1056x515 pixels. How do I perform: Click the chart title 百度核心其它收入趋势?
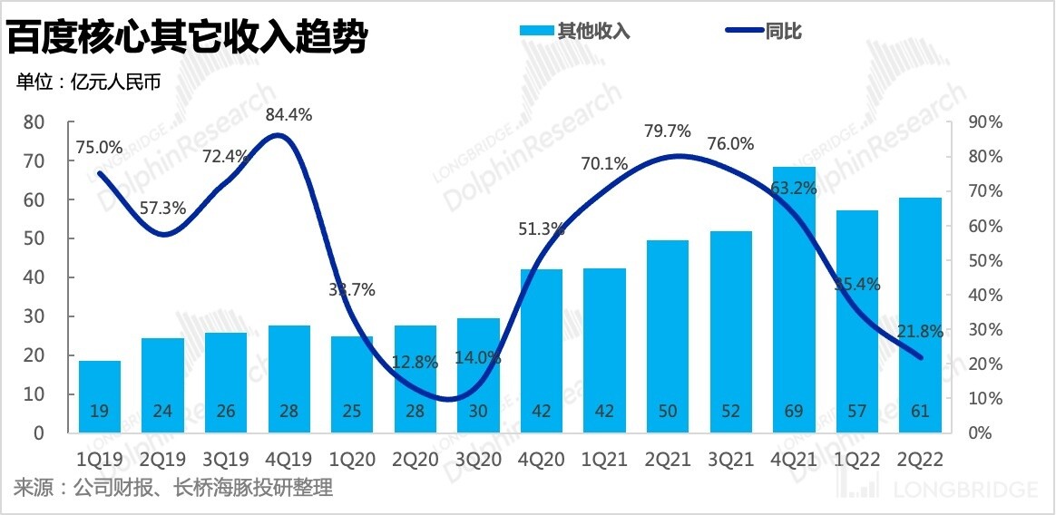tap(188, 37)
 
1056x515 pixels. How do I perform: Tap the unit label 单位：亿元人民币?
tap(88, 83)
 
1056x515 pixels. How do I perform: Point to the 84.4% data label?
tap(288, 115)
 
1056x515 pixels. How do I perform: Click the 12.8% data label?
tap(416, 362)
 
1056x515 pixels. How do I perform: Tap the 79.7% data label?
tap(667, 131)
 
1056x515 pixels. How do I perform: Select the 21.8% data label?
tap(920, 333)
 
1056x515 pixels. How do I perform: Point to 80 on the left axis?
tap(34, 122)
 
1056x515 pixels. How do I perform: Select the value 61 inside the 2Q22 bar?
tap(920, 412)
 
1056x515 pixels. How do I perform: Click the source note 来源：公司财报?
tap(173, 489)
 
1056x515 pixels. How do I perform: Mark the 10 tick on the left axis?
tap(34, 394)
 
